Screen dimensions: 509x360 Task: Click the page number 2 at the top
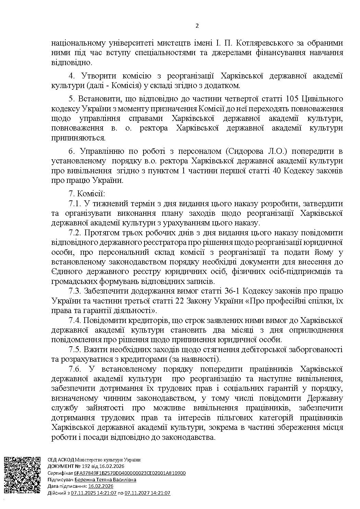pos(197,26)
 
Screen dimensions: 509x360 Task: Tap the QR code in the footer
pos(23,475)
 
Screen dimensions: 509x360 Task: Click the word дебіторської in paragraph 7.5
pos(258,350)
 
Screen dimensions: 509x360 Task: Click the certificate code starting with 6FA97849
pos(130,473)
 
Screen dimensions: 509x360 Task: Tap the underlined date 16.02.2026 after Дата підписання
pos(101,486)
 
